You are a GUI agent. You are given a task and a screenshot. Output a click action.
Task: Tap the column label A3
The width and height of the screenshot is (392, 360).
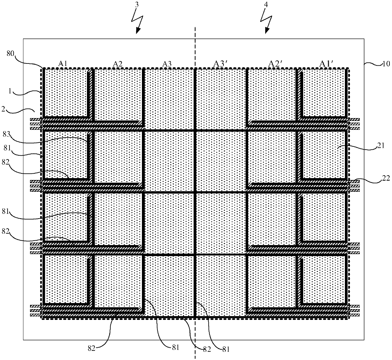coord(167,64)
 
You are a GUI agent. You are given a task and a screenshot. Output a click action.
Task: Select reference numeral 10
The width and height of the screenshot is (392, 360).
coord(386,64)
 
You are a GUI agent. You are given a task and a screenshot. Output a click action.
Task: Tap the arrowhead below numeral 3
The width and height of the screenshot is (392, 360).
coord(137,31)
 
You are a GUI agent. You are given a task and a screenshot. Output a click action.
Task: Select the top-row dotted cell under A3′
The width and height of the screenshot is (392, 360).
coord(221,98)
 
